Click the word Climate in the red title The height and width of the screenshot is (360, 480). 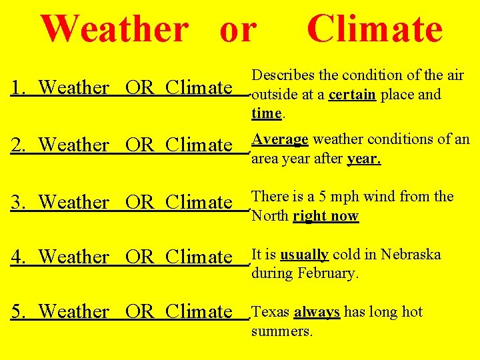[374, 29]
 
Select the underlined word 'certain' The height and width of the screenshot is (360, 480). [352, 95]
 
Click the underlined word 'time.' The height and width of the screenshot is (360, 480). [267, 113]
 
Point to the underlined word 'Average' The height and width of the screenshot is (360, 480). [279, 139]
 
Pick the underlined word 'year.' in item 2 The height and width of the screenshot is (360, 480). [364, 159]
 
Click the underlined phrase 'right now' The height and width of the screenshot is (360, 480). [326, 216]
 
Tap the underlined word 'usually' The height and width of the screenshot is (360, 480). [304, 255]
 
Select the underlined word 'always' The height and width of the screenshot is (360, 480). [317, 312]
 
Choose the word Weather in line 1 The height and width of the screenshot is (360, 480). [74, 87]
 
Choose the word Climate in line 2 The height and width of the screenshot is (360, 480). [199, 145]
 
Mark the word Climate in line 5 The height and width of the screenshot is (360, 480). [199, 311]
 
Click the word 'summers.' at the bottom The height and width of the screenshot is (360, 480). [281, 331]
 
